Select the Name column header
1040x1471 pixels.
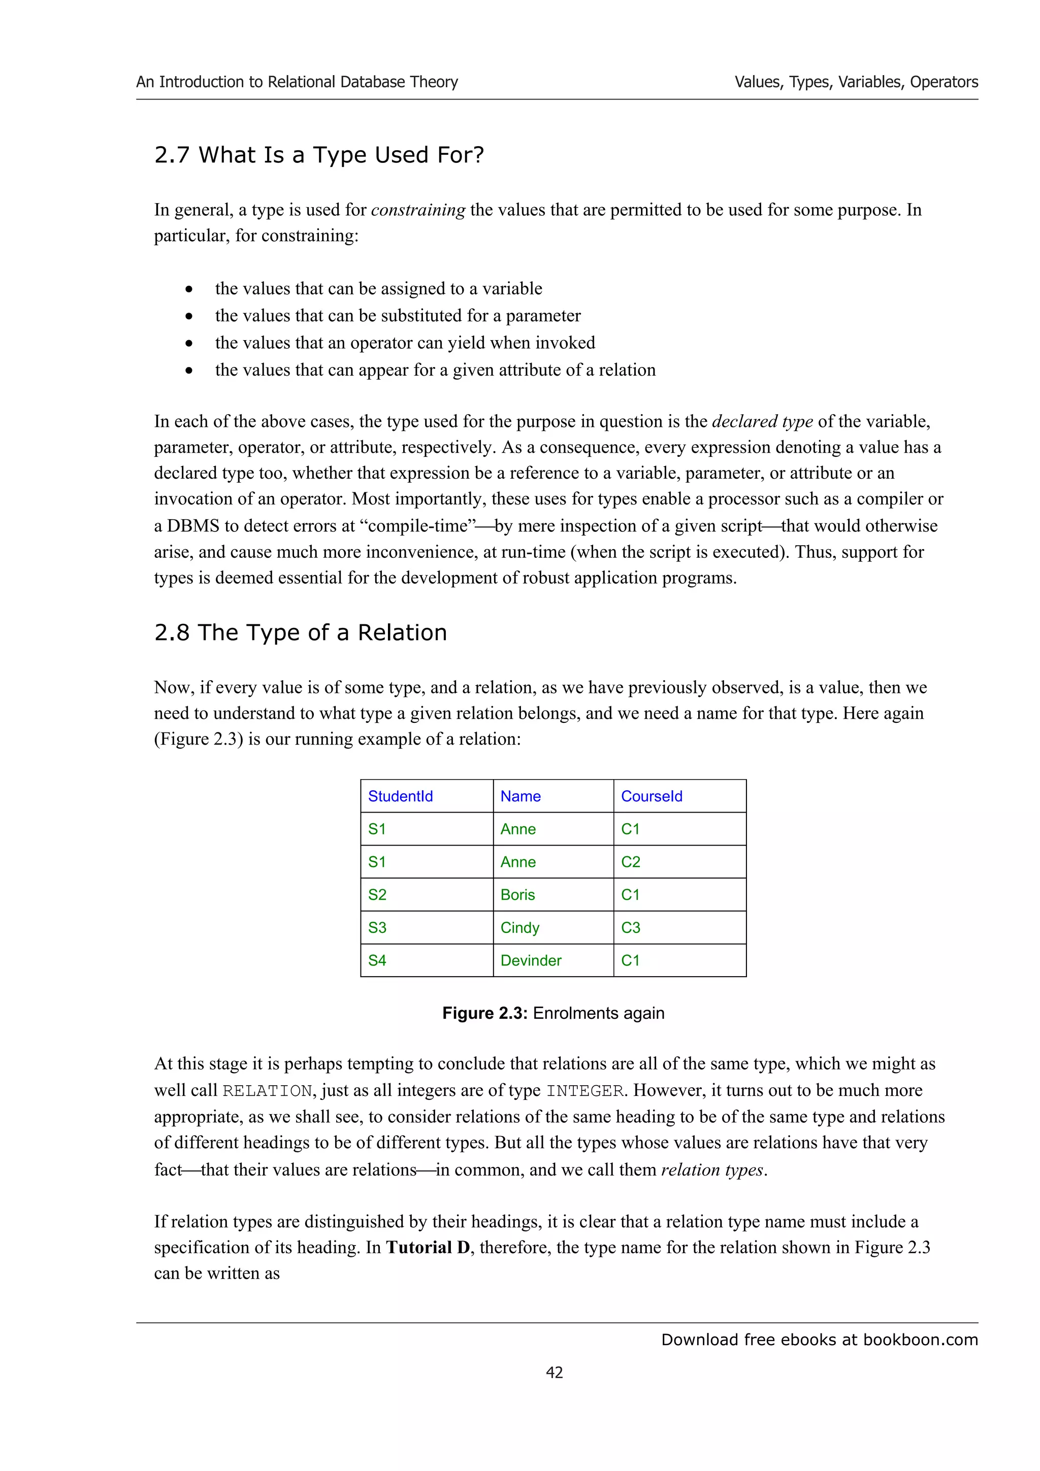[x=521, y=796]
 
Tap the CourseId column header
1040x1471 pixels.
[x=651, y=796]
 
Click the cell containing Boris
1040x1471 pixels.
[x=518, y=894]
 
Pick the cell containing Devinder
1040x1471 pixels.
[x=531, y=960]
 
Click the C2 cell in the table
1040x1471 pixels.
[x=631, y=862]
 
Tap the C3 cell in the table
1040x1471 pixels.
[x=631, y=928]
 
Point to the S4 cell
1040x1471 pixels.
[x=377, y=960]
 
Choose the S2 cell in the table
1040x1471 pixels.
[x=377, y=894]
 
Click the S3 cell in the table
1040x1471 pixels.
[x=377, y=928]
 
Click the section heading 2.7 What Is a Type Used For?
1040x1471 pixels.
[x=319, y=155]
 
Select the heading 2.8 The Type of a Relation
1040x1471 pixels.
[x=301, y=632]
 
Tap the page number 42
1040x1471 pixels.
[x=555, y=1373]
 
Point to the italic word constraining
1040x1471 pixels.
[x=418, y=210]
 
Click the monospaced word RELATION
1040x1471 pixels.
[x=267, y=1091]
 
